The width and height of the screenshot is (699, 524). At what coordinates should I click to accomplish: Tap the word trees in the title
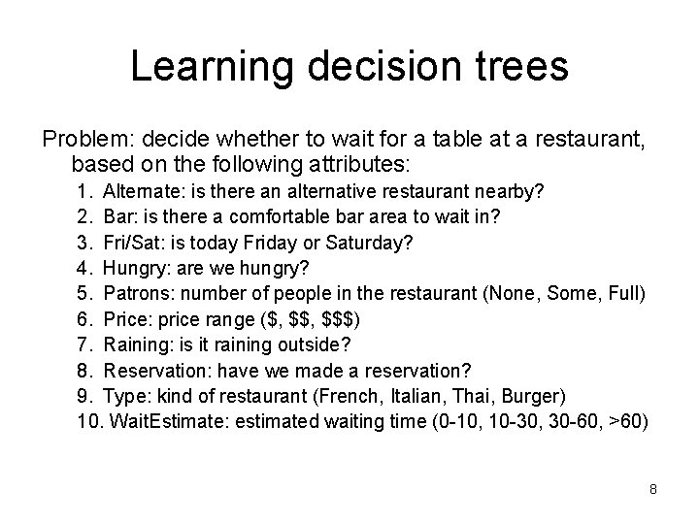coord(520,66)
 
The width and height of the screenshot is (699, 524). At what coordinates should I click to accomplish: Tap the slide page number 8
coord(653,489)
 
